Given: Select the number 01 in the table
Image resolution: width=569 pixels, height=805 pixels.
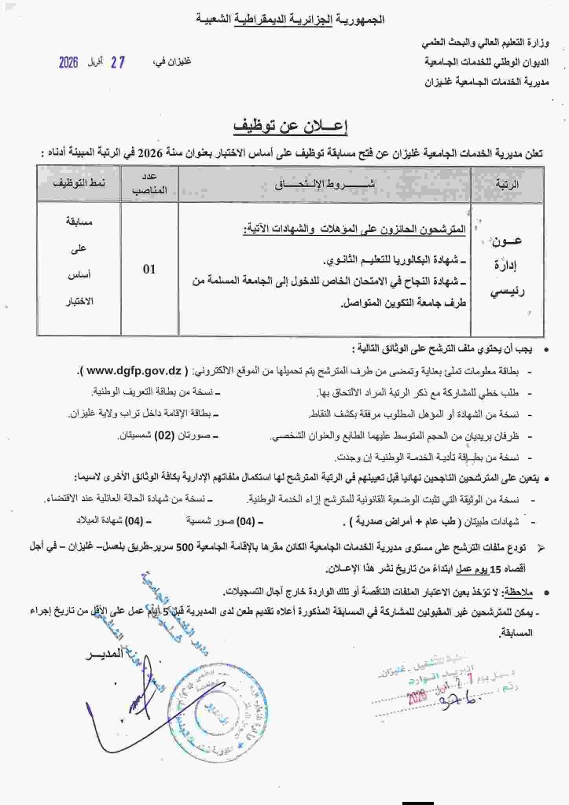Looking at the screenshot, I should point(149,269).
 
